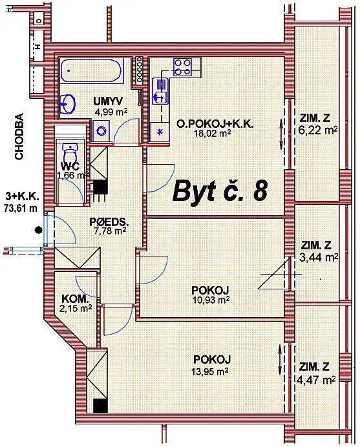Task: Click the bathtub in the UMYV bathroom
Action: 92,70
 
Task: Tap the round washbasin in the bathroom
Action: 67,103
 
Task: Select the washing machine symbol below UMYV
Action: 101,130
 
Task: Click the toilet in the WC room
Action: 70,153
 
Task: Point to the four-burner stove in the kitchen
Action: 182,67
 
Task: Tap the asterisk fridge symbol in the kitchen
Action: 160,132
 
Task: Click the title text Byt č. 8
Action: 220,191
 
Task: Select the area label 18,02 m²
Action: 212,133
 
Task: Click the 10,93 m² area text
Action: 211,300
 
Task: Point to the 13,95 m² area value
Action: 210,371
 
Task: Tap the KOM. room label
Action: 76,299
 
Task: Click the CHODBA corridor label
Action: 19,136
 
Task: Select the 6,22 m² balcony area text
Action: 318,130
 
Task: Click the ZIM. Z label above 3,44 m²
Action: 316,245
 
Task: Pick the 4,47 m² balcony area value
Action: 316,380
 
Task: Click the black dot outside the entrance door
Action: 38,230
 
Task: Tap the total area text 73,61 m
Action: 21,208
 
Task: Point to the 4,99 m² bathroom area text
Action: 111,112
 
